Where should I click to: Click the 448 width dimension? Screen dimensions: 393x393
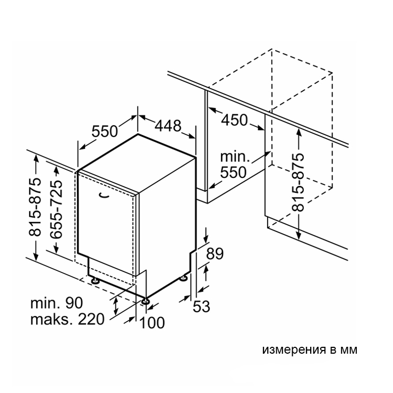[x=168, y=126]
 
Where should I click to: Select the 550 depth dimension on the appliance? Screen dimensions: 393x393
[x=105, y=131]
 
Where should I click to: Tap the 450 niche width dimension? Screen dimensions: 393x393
[x=234, y=120]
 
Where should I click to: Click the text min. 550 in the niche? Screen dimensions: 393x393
[x=234, y=165]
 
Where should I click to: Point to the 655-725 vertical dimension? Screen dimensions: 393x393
[x=55, y=208]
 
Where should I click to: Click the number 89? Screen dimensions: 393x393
[x=215, y=254]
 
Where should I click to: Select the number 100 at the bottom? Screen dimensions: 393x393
[x=152, y=322]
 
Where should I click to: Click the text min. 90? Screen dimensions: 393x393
[x=56, y=303]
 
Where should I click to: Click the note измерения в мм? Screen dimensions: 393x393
[x=310, y=350]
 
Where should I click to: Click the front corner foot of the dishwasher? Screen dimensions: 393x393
[x=145, y=302]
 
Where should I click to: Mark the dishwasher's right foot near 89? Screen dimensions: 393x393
[x=184, y=277]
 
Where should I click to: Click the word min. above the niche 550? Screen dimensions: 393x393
[x=234, y=157]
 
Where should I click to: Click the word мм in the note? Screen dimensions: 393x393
[x=347, y=350]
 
